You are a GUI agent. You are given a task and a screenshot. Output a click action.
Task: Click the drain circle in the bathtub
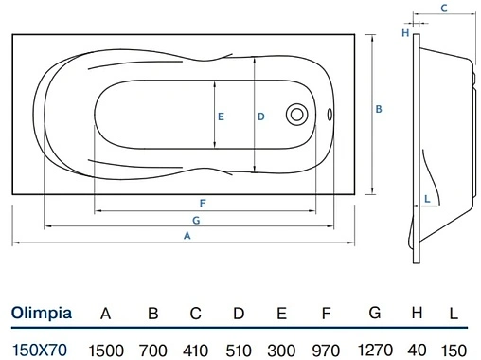(x=296, y=115)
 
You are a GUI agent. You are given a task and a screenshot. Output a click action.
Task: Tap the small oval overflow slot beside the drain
(x=330, y=115)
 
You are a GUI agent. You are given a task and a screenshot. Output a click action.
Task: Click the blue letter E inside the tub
(x=221, y=117)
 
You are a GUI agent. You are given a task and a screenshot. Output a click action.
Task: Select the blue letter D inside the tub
(x=261, y=117)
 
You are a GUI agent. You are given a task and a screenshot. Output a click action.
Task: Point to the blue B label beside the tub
(x=379, y=109)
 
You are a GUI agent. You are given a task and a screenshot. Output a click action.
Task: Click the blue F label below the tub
(x=203, y=203)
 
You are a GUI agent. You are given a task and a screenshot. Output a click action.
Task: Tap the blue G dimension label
(x=196, y=220)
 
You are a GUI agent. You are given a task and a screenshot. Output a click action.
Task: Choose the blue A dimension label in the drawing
(x=187, y=236)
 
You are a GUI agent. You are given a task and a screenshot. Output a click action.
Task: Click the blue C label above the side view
(x=444, y=8)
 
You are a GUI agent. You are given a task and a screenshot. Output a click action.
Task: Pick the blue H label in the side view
(x=405, y=32)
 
